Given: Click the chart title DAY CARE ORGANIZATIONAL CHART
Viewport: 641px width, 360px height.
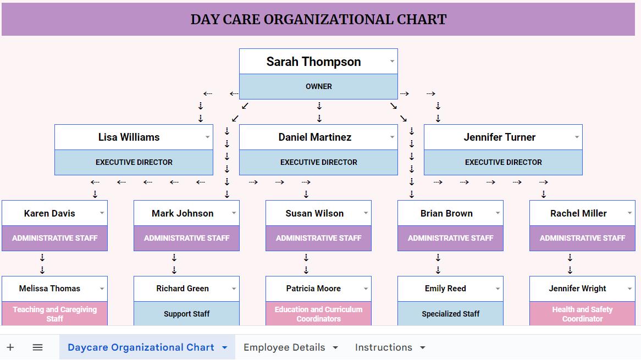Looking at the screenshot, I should click(318, 20).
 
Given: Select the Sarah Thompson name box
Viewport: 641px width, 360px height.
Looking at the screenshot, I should click(313, 62).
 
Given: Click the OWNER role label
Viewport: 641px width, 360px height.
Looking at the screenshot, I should click(318, 86).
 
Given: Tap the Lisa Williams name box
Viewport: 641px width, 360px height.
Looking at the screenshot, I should click(129, 137).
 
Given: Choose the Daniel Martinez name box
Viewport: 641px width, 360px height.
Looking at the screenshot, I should click(314, 137).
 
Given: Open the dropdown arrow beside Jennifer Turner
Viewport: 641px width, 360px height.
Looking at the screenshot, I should click(577, 137).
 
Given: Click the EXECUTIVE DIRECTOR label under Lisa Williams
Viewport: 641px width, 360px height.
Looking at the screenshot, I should click(134, 162).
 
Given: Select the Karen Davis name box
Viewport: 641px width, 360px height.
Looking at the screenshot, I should click(49, 213).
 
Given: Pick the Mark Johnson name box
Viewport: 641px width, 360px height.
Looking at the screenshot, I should click(183, 213).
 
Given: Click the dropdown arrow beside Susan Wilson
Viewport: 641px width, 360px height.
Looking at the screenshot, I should click(366, 213).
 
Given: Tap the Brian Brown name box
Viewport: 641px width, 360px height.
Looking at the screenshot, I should click(446, 213).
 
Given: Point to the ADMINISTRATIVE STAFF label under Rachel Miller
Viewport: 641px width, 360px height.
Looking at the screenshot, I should click(582, 238).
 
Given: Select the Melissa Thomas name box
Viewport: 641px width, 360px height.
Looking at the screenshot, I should click(49, 289).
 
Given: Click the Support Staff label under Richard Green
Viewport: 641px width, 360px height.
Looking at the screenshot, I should click(186, 314).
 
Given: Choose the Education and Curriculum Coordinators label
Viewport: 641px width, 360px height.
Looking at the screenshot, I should click(318, 314).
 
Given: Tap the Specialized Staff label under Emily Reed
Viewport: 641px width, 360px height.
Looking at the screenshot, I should click(450, 314).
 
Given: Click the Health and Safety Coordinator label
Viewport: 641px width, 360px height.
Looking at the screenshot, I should click(582, 314).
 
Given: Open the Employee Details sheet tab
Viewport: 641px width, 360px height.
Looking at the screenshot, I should click(284, 347).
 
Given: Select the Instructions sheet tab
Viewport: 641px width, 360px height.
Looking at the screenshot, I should click(383, 347).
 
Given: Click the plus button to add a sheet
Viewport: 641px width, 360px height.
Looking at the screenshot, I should click(10, 347).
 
